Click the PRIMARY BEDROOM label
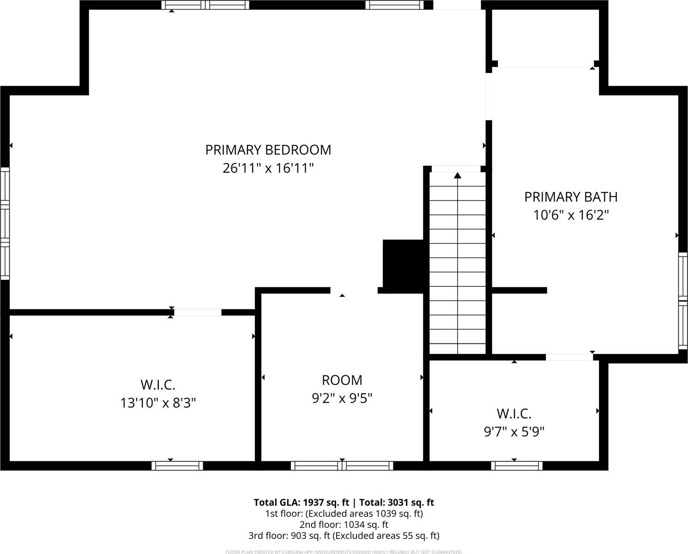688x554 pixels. coord(268,150)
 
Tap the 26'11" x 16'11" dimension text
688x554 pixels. coord(268,168)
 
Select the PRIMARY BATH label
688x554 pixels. coord(571,197)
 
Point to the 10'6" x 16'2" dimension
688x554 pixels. coord(571,215)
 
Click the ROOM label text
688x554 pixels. coord(342,380)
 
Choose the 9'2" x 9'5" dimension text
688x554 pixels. coord(342,398)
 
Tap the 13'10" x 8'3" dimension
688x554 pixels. coord(157,403)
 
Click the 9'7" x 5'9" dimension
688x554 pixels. coord(514,432)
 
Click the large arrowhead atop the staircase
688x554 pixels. coord(458,175)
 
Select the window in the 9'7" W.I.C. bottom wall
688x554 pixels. coord(517,465)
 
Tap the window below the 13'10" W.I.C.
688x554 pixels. coord(177,465)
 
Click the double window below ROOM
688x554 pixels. coord(342,465)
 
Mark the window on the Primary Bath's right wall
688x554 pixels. coord(683,301)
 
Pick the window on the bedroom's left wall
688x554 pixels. coord(5,223)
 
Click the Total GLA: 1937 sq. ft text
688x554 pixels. coord(301,502)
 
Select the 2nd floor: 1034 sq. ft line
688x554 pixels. coord(344,524)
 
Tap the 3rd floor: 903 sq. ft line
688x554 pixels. coord(344,536)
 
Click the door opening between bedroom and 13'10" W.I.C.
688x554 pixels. coord(198,313)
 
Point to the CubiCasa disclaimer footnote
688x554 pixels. coord(344,552)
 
